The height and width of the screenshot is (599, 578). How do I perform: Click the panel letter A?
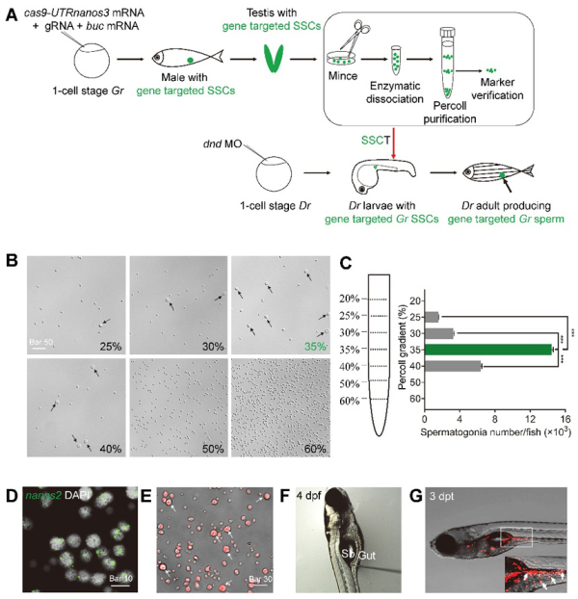12,11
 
